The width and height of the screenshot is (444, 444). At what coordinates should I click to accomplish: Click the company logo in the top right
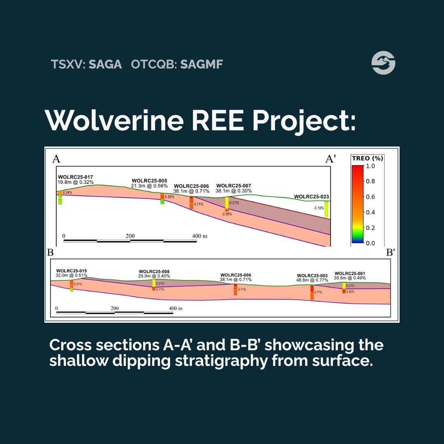click(384, 63)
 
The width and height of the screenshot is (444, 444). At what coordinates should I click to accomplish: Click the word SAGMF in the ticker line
click(201, 64)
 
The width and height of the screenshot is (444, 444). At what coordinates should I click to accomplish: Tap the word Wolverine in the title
click(114, 120)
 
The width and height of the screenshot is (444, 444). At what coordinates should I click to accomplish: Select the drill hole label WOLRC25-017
click(75, 177)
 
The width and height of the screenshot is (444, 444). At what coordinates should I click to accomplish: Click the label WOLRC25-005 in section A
click(150, 180)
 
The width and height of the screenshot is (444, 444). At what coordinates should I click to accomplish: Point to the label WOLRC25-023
click(312, 197)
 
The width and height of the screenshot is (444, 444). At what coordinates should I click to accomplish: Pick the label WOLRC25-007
click(234, 186)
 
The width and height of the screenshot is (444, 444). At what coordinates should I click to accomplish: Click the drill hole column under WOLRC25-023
click(326, 209)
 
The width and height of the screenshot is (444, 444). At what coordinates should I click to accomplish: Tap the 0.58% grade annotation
click(227, 214)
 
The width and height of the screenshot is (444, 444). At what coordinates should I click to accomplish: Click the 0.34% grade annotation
click(67, 192)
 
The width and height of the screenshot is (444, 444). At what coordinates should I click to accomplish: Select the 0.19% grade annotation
click(319, 208)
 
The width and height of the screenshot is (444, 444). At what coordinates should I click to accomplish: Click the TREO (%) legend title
click(367, 158)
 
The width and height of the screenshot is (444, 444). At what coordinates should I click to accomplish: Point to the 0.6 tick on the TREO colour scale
click(370, 197)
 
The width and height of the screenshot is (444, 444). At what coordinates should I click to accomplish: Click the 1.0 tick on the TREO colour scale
click(370, 166)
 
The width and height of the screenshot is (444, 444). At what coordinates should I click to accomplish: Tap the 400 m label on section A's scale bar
click(200, 236)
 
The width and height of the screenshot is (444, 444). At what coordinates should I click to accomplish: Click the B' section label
click(391, 252)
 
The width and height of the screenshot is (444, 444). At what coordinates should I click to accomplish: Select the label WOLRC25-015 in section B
click(72, 271)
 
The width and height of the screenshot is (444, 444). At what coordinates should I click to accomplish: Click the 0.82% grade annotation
click(350, 291)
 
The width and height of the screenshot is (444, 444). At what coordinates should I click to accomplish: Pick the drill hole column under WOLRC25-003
click(312, 293)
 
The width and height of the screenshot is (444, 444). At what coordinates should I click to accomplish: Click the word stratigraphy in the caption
click(221, 361)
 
